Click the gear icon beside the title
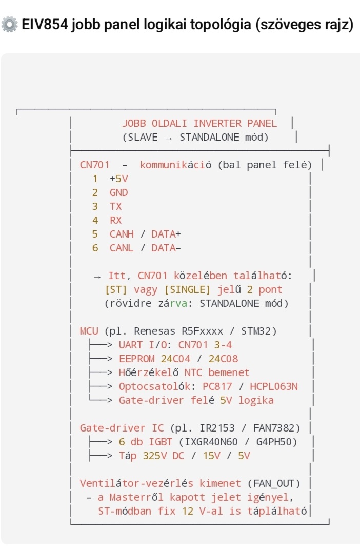point(9,25)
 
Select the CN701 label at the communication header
point(94,165)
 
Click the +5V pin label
point(118,179)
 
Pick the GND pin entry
point(118,192)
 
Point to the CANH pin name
point(122,234)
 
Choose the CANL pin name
point(122,248)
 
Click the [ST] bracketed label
point(115,289)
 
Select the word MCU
point(89,331)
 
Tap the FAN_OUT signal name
point(274,483)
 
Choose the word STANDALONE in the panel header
point(208,137)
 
